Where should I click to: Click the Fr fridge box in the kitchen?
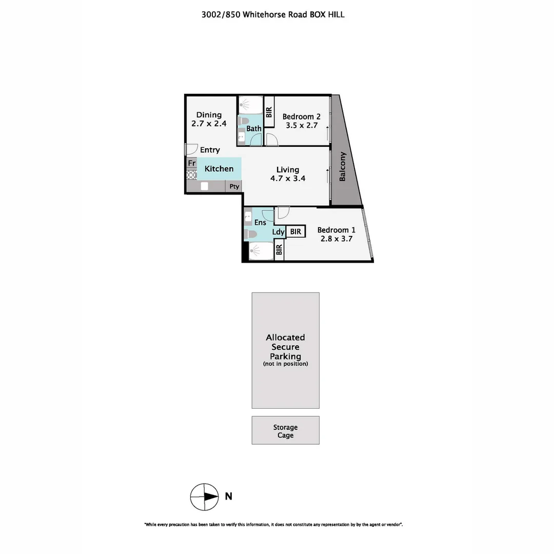191,163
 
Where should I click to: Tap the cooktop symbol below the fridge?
191,174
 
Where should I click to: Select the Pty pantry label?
234,187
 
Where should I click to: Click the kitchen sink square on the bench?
204,186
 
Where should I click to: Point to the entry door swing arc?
191,148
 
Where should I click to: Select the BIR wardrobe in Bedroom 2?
269,113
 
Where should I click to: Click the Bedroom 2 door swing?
271,139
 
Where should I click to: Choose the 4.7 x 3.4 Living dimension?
288,179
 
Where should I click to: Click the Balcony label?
343,166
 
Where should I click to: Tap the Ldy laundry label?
278,232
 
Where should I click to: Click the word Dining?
209,115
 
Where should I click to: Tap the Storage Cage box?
285,430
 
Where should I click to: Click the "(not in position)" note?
285,364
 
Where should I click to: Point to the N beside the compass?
229,496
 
